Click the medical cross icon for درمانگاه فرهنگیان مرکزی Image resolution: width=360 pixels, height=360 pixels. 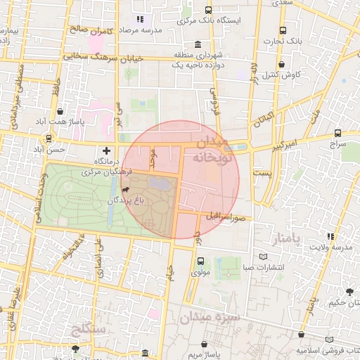pyautogui.click(x=106, y=150)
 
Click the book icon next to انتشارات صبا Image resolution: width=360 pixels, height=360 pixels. pyautogui.click(x=264, y=257)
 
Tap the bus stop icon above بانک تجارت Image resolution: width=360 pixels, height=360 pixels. pyautogui.click(x=283, y=31)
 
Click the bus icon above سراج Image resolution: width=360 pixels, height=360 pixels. pyautogui.click(x=337, y=132)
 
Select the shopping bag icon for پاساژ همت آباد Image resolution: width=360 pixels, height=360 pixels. pyautogui.click(x=60, y=111)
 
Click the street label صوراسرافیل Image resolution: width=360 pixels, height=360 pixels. pyautogui.click(x=225, y=216)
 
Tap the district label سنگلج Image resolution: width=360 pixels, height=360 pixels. pyautogui.click(x=89, y=329)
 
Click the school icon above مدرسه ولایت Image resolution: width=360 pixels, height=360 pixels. pyautogui.click(x=330, y=236)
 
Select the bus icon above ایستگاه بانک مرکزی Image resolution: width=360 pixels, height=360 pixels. pyautogui.click(x=208, y=10)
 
